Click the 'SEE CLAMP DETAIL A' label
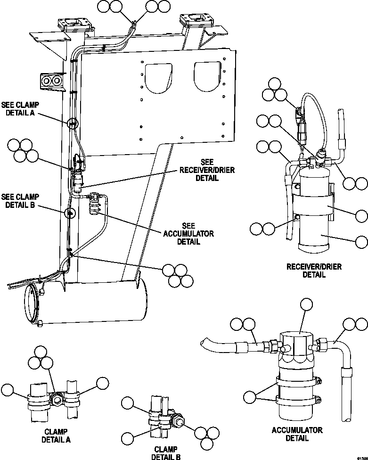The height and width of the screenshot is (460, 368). click(21, 109)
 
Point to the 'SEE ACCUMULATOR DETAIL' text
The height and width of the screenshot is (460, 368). click(188, 234)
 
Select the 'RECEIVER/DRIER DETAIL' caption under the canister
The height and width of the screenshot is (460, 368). click(314, 270)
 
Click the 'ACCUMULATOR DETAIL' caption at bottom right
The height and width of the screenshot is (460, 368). click(297, 434)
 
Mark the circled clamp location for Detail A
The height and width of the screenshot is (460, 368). click(72, 124)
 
